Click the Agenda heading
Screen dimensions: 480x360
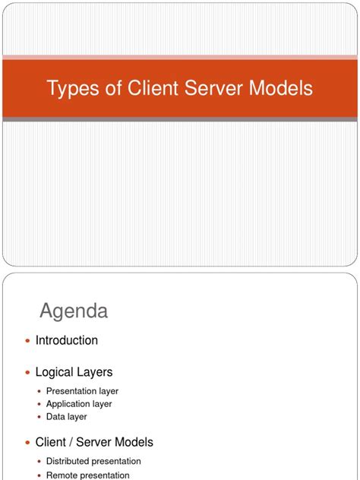pos(74,311)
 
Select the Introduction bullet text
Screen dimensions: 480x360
pos(67,340)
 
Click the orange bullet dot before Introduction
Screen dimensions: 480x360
pos(28,341)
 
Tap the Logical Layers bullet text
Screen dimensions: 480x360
pos(74,372)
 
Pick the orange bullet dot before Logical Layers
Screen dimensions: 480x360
pos(28,372)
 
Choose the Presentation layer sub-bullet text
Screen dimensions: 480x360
pos(82,391)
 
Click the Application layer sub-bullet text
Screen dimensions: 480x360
pos(79,404)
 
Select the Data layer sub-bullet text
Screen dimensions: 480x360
pos(67,417)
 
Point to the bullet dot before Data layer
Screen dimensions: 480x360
pos(39,417)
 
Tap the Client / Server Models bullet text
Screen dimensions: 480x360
pos(94,442)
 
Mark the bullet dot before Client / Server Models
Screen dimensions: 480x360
pos(28,442)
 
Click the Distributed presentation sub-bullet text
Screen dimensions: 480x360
pos(93,461)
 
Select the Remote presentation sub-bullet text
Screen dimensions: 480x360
pos(88,475)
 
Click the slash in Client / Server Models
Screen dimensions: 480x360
pos(73,442)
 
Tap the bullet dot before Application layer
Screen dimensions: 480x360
pos(39,404)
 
